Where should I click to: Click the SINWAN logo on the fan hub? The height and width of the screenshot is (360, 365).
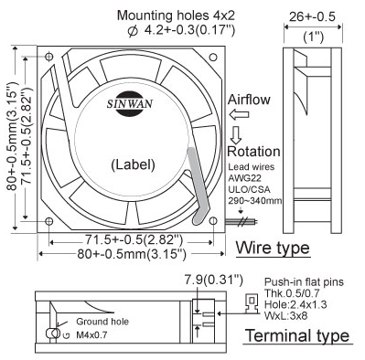(130, 104)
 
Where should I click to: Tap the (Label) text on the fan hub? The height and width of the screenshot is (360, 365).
(133, 164)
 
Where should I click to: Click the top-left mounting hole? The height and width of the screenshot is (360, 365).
(49, 57)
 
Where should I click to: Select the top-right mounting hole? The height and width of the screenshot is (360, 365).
(213, 57)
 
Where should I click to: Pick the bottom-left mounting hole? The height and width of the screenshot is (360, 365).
(49, 221)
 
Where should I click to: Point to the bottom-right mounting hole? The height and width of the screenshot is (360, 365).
(213, 221)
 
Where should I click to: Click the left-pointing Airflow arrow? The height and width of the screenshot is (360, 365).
(240, 115)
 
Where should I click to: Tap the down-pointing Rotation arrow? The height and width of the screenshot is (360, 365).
(236, 135)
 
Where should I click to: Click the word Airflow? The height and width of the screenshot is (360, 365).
(249, 100)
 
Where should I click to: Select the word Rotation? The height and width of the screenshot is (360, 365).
(253, 152)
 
